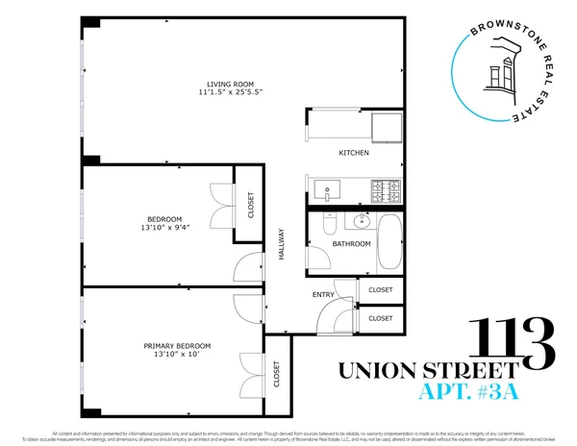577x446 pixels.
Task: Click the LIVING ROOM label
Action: (x=232, y=83)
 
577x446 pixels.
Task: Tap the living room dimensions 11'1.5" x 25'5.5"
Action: (x=232, y=92)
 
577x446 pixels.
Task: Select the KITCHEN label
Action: (x=353, y=154)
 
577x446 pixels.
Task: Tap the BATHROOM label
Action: (x=351, y=244)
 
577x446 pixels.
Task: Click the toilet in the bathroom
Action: (x=327, y=225)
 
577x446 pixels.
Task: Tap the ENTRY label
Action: (x=322, y=294)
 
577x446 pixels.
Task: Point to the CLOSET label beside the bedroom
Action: (x=251, y=205)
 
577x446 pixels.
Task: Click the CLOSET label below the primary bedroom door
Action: (x=278, y=374)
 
